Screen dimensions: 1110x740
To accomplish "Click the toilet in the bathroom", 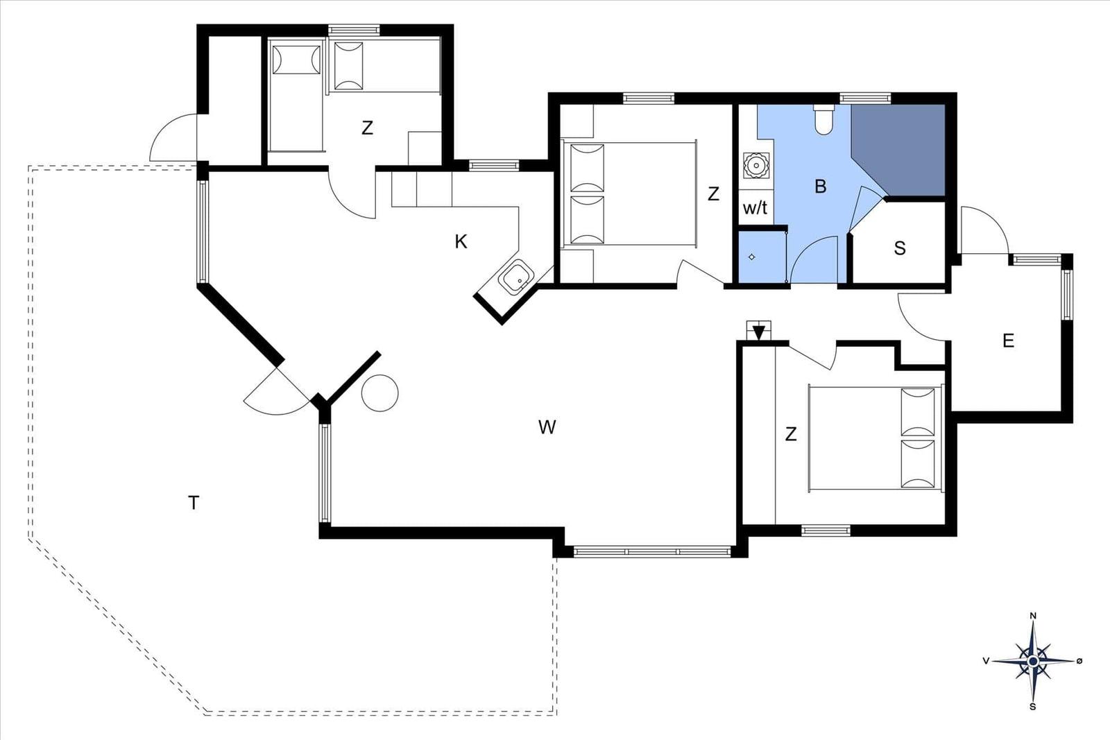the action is [823, 119].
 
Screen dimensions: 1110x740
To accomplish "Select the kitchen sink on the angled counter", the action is [516, 278].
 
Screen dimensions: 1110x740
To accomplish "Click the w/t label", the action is [755, 208].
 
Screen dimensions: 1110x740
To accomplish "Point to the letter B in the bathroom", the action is [821, 187].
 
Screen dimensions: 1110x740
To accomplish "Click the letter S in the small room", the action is [900, 248].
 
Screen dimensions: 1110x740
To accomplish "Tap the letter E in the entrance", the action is [1009, 341].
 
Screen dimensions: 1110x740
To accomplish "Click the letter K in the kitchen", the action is [461, 242].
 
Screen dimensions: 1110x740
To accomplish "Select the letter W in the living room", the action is [547, 427].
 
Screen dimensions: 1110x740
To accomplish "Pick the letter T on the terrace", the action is [194, 503].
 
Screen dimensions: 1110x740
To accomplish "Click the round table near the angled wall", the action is [380, 393].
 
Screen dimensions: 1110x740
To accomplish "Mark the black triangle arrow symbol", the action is [759, 333].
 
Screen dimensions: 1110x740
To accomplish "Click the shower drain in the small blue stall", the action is [752, 257].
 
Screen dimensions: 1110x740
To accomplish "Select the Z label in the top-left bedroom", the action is [367, 128].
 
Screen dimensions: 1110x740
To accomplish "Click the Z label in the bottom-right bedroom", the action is [791, 434].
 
